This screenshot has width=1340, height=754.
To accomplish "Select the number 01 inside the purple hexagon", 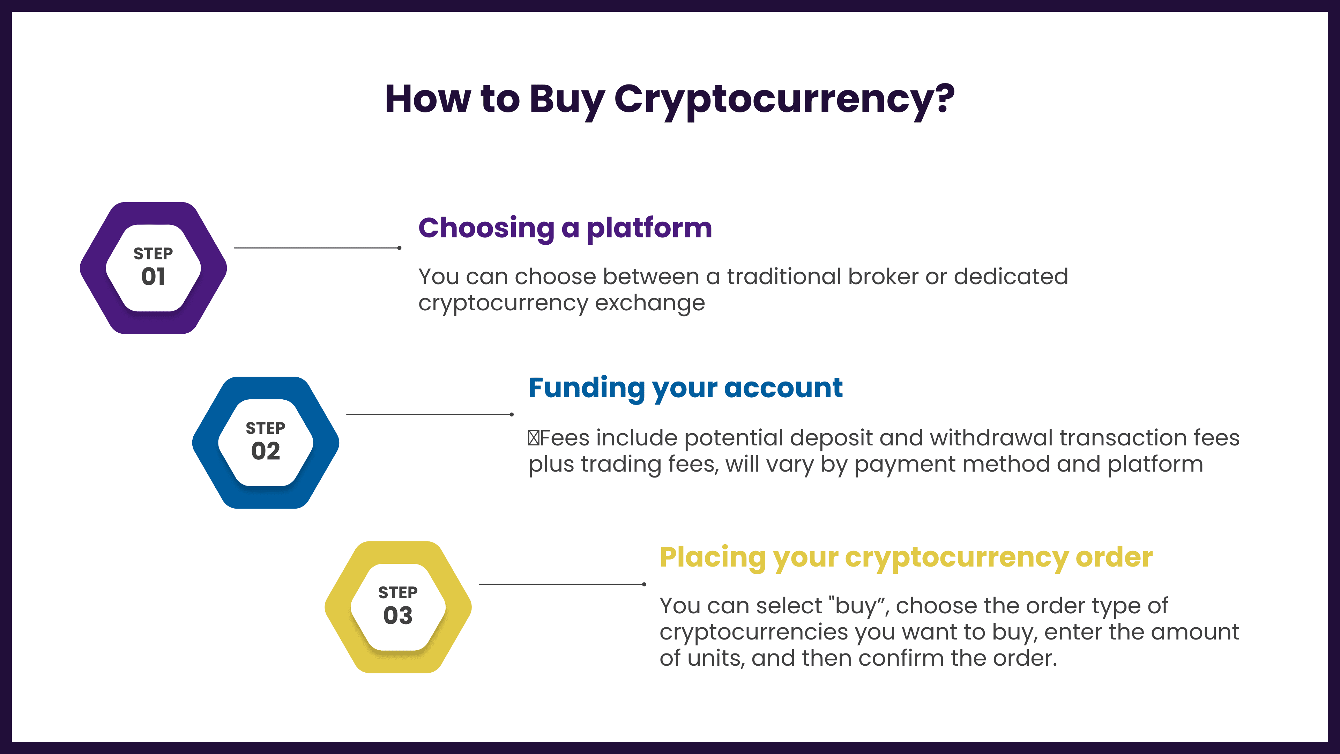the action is (x=154, y=276).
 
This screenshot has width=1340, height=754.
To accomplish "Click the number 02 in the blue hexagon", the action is (x=266, y=451).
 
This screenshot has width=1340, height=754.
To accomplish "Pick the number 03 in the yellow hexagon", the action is (x=398, y=615).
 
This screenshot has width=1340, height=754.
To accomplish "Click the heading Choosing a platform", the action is (x=565, y=228).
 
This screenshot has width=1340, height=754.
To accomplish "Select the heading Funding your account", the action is (x=686, y=388).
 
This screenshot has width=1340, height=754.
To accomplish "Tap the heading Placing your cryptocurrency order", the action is (x=906, y=558).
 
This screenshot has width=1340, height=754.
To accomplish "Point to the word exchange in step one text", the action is (x=650, y=303).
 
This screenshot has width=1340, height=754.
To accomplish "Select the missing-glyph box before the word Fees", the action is (x=533, y=438).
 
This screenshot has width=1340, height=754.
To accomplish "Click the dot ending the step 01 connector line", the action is (x=399, y=248).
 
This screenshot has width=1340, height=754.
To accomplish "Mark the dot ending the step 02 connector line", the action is (x=512, y=414).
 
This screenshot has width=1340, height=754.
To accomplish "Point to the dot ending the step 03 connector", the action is (x=644, y=584).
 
